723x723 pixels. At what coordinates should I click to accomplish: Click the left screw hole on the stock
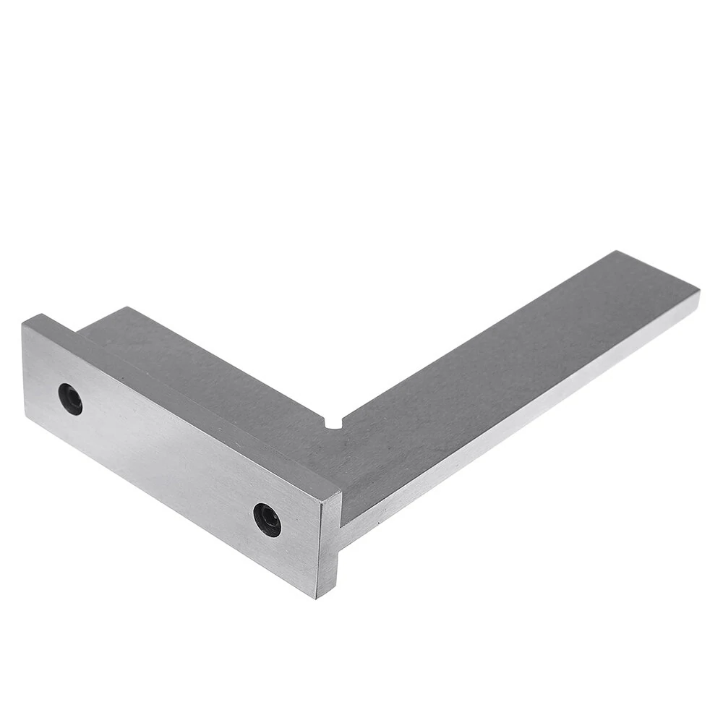70,398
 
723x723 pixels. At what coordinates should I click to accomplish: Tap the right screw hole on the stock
267,519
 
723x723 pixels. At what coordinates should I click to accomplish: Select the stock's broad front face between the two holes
166,455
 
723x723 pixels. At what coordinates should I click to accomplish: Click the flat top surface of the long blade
506,376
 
